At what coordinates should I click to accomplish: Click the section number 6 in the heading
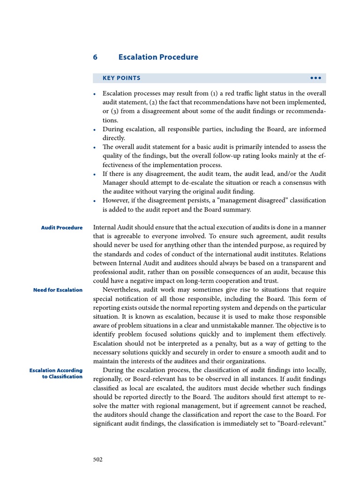coord(95,57)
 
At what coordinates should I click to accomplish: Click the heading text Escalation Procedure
coord(158,57)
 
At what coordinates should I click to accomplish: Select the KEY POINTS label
coord(121,78)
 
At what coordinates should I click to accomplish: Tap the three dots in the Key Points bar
coord(315,78)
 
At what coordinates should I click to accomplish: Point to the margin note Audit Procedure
coord(61,228)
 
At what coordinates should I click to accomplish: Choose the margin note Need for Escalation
coord(58,290)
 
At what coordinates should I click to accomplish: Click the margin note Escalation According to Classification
coord(56,374)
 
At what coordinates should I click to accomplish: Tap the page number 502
coord(97,459)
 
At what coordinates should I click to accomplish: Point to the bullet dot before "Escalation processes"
coord(95,94)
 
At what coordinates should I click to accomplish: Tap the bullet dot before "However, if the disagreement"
coord(95,201)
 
